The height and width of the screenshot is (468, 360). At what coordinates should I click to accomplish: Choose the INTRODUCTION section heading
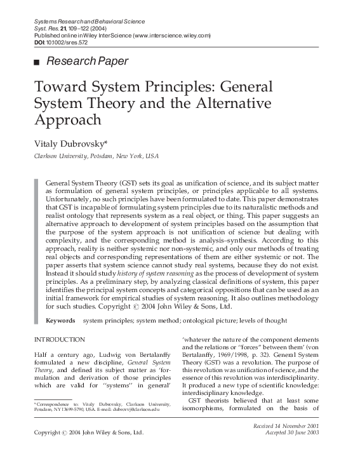tap(59, 340)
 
